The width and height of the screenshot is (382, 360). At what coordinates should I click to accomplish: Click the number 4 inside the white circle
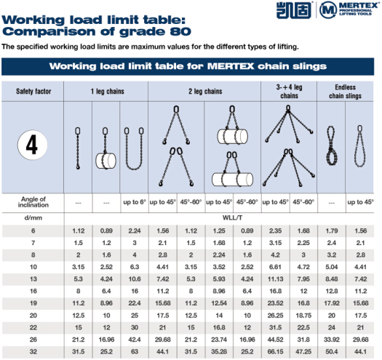(x=32, y=145)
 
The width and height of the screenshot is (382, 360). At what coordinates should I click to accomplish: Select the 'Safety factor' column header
(x=33, y=92)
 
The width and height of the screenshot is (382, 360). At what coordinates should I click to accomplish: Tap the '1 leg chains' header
(x=108, y=92)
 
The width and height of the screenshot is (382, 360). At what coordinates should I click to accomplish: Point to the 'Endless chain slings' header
(x=345, y=92)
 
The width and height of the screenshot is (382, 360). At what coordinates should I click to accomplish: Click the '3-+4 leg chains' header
(x=289, y=92)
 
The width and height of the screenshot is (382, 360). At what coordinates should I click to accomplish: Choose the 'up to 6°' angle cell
(x=135, y=202)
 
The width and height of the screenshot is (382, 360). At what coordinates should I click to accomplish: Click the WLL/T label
(x=232, y=217)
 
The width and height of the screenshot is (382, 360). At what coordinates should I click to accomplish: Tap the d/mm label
(x=33, y=217)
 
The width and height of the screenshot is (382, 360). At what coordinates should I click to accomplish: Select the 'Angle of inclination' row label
(x=33, y=202)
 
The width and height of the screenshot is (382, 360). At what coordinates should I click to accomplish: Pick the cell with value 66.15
(x=275, y=352)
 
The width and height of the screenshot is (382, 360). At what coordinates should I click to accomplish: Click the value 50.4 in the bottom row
(x=332, y=352)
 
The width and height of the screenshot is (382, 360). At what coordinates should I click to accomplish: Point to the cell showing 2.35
(x=275, y=231)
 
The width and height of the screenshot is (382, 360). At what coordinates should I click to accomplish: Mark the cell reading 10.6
(x=135, y=279)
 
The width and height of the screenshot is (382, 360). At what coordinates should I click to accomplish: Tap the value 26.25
(x=275, y=316)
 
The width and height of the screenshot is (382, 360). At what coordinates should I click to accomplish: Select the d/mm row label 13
(x=33, y=279)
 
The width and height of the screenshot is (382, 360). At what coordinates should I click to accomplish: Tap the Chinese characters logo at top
(x=294, y=10)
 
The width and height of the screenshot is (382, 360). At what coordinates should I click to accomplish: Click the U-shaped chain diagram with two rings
(x=134, y=148)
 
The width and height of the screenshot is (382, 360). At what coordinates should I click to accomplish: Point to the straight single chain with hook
(x=78, y=148)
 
